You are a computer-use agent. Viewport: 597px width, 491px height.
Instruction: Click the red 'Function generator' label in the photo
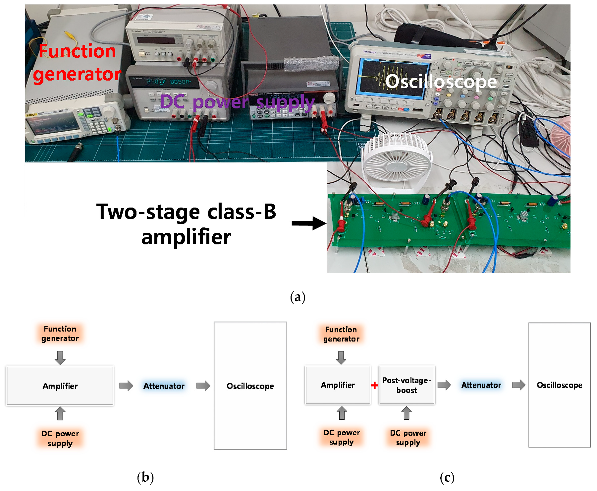(x=77, y=63)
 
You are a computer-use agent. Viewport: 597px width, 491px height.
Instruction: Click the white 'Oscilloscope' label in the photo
(x=441, y=82)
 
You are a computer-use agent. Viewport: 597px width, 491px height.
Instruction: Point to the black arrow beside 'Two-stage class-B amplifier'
(x=309, y=223)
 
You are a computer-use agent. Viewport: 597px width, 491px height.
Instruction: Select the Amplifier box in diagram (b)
(x=60, y=386)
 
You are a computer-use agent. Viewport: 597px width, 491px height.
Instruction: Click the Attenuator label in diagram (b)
(x=164, y=386)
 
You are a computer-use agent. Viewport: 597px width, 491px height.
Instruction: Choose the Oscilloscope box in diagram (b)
(x=250, y=386)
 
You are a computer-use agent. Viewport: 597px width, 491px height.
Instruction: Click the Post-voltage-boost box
(x=407, y=385)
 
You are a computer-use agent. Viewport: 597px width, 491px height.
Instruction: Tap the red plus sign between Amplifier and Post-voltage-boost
(x=374, y=385)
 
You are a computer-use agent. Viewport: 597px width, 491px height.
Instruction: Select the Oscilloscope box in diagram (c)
(x=560, y=385)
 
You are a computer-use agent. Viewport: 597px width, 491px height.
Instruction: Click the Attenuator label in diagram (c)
(x=481, y=385)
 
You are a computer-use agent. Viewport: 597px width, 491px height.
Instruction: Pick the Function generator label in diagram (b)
(x=60, y=334)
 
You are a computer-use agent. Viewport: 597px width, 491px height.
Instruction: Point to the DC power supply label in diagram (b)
(x=60, y=438)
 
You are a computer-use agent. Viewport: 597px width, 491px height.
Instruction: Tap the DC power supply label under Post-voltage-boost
(x=408, y=438)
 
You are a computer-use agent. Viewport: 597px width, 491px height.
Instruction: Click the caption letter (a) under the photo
(x=298, y=297)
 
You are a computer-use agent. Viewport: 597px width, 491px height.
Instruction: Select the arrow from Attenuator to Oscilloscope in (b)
(x=203, y=386)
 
